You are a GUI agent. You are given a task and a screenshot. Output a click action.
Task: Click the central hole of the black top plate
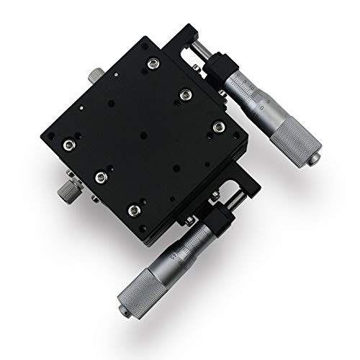click(144, 135)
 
